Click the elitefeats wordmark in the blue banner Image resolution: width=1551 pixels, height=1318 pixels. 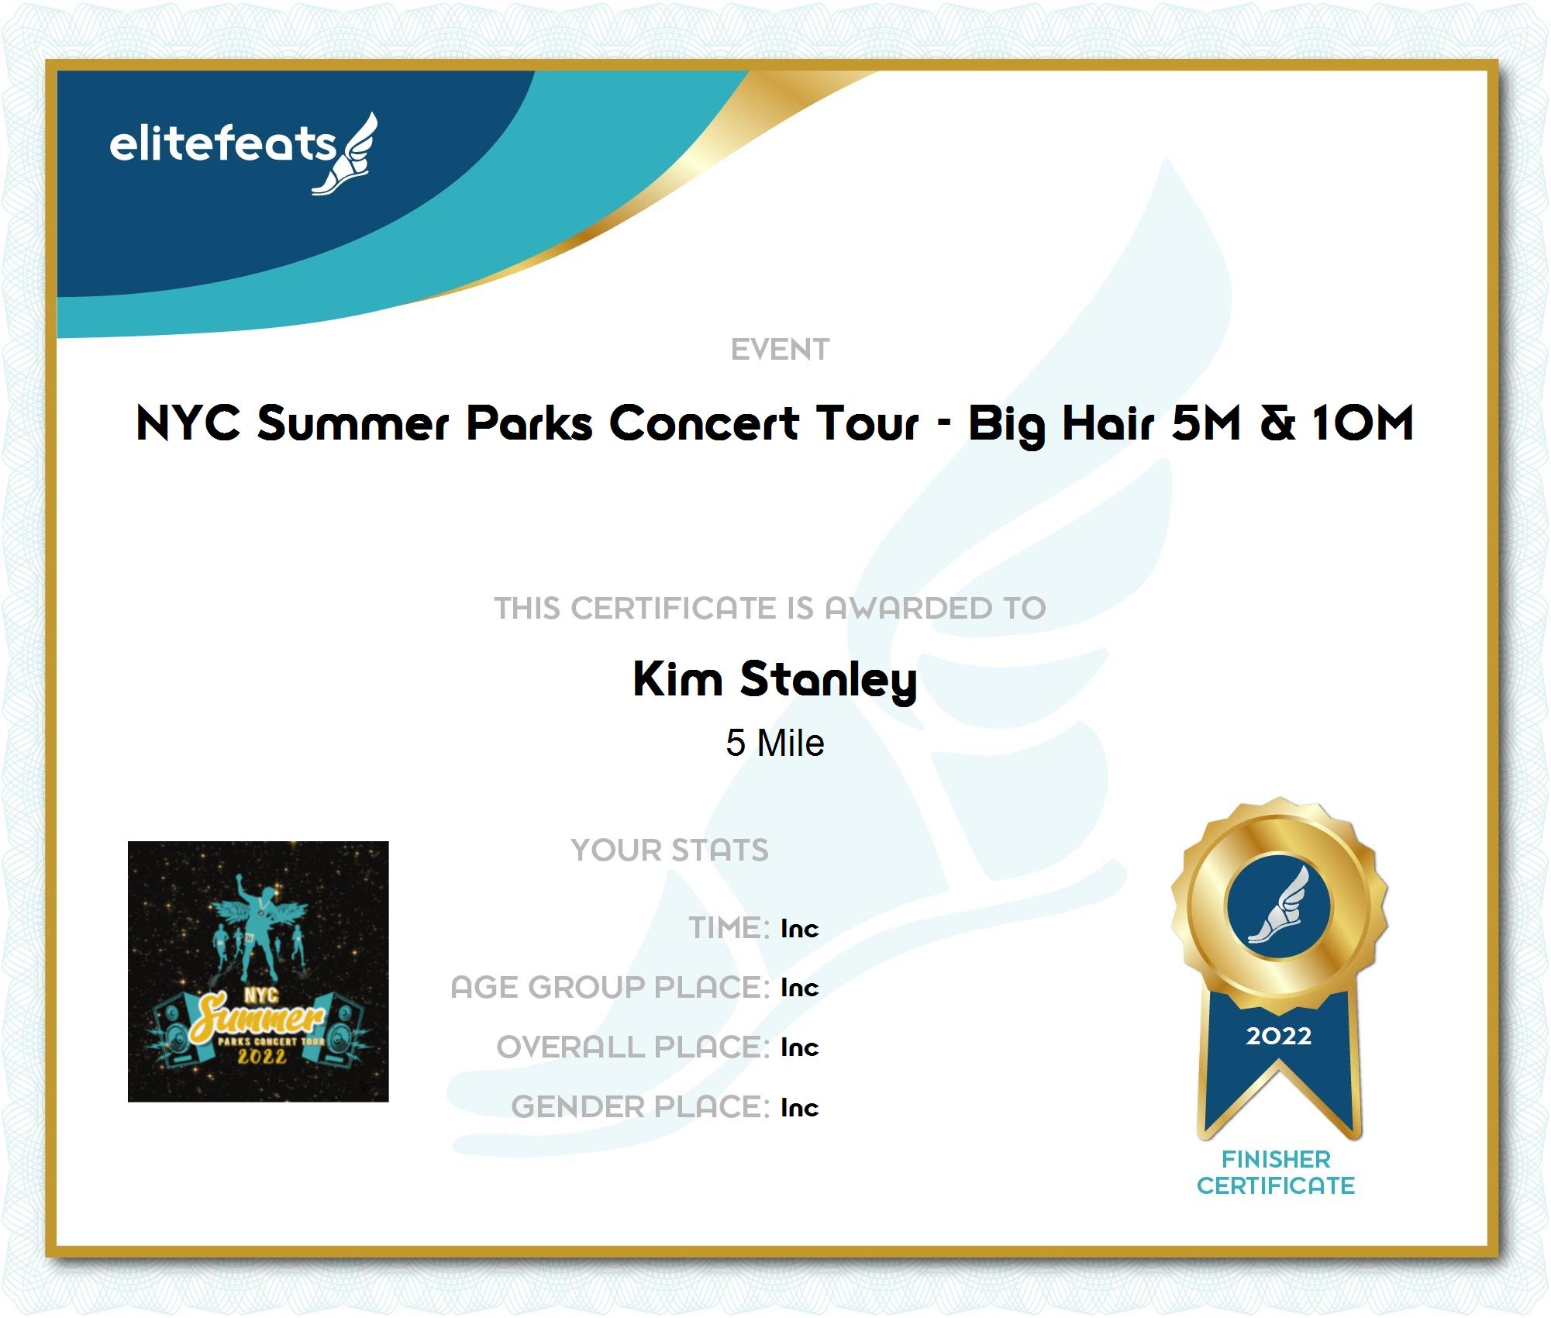coord(223,144)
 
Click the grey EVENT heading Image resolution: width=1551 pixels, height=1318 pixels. coord(780,350)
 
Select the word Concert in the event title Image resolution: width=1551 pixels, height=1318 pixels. coord(704,423)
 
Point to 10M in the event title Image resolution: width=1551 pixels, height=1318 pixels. coord(1363,423)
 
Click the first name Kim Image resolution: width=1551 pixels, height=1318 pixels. coord(677,679)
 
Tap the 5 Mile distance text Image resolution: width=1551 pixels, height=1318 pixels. coord(775,743)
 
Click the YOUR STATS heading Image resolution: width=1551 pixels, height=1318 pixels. coord(670,850)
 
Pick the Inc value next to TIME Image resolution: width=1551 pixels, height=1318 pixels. coord(800,928)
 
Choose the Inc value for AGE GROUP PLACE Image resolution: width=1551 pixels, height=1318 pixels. coord(800,988)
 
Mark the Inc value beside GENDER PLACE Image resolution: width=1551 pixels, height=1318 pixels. coord(800,1107)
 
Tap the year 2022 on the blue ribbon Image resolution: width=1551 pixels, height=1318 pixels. coord(1279,1036)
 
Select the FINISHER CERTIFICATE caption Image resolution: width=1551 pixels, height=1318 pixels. coord(1276,1172)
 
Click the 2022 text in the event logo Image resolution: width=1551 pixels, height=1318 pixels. coord(261,1057)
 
